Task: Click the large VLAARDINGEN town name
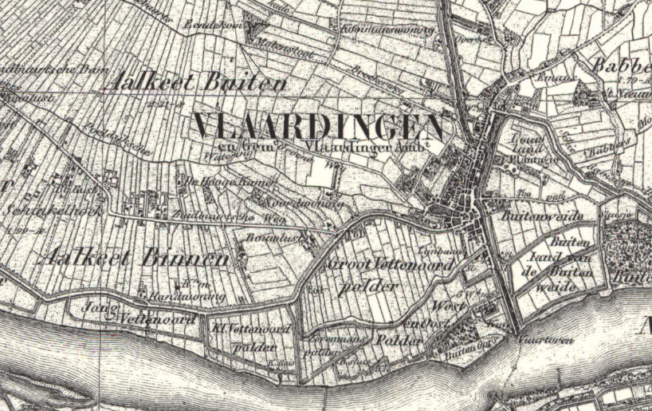pyautogui.click(x=318, y=127)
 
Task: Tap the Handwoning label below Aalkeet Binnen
pyautogui.click(x=197, y=296)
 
